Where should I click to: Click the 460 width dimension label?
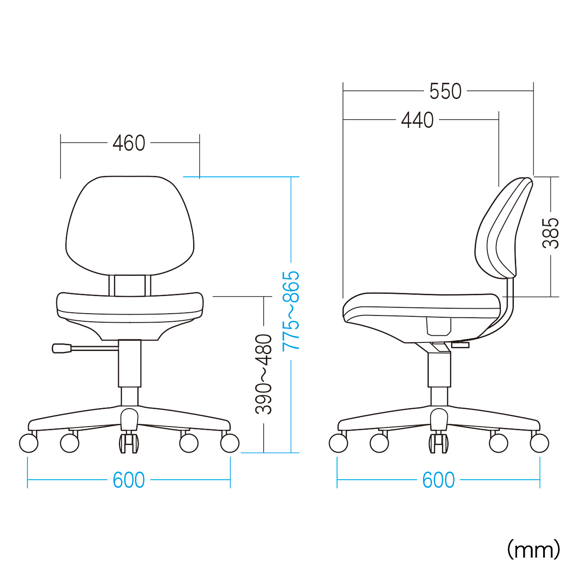129,143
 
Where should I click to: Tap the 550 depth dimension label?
445,91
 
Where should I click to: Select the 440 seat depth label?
417,120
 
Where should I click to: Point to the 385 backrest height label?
550,233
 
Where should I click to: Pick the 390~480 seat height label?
263,374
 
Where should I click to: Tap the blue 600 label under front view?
129,480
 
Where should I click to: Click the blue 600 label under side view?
438,480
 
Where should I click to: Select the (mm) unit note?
534,549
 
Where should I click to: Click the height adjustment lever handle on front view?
62,349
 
